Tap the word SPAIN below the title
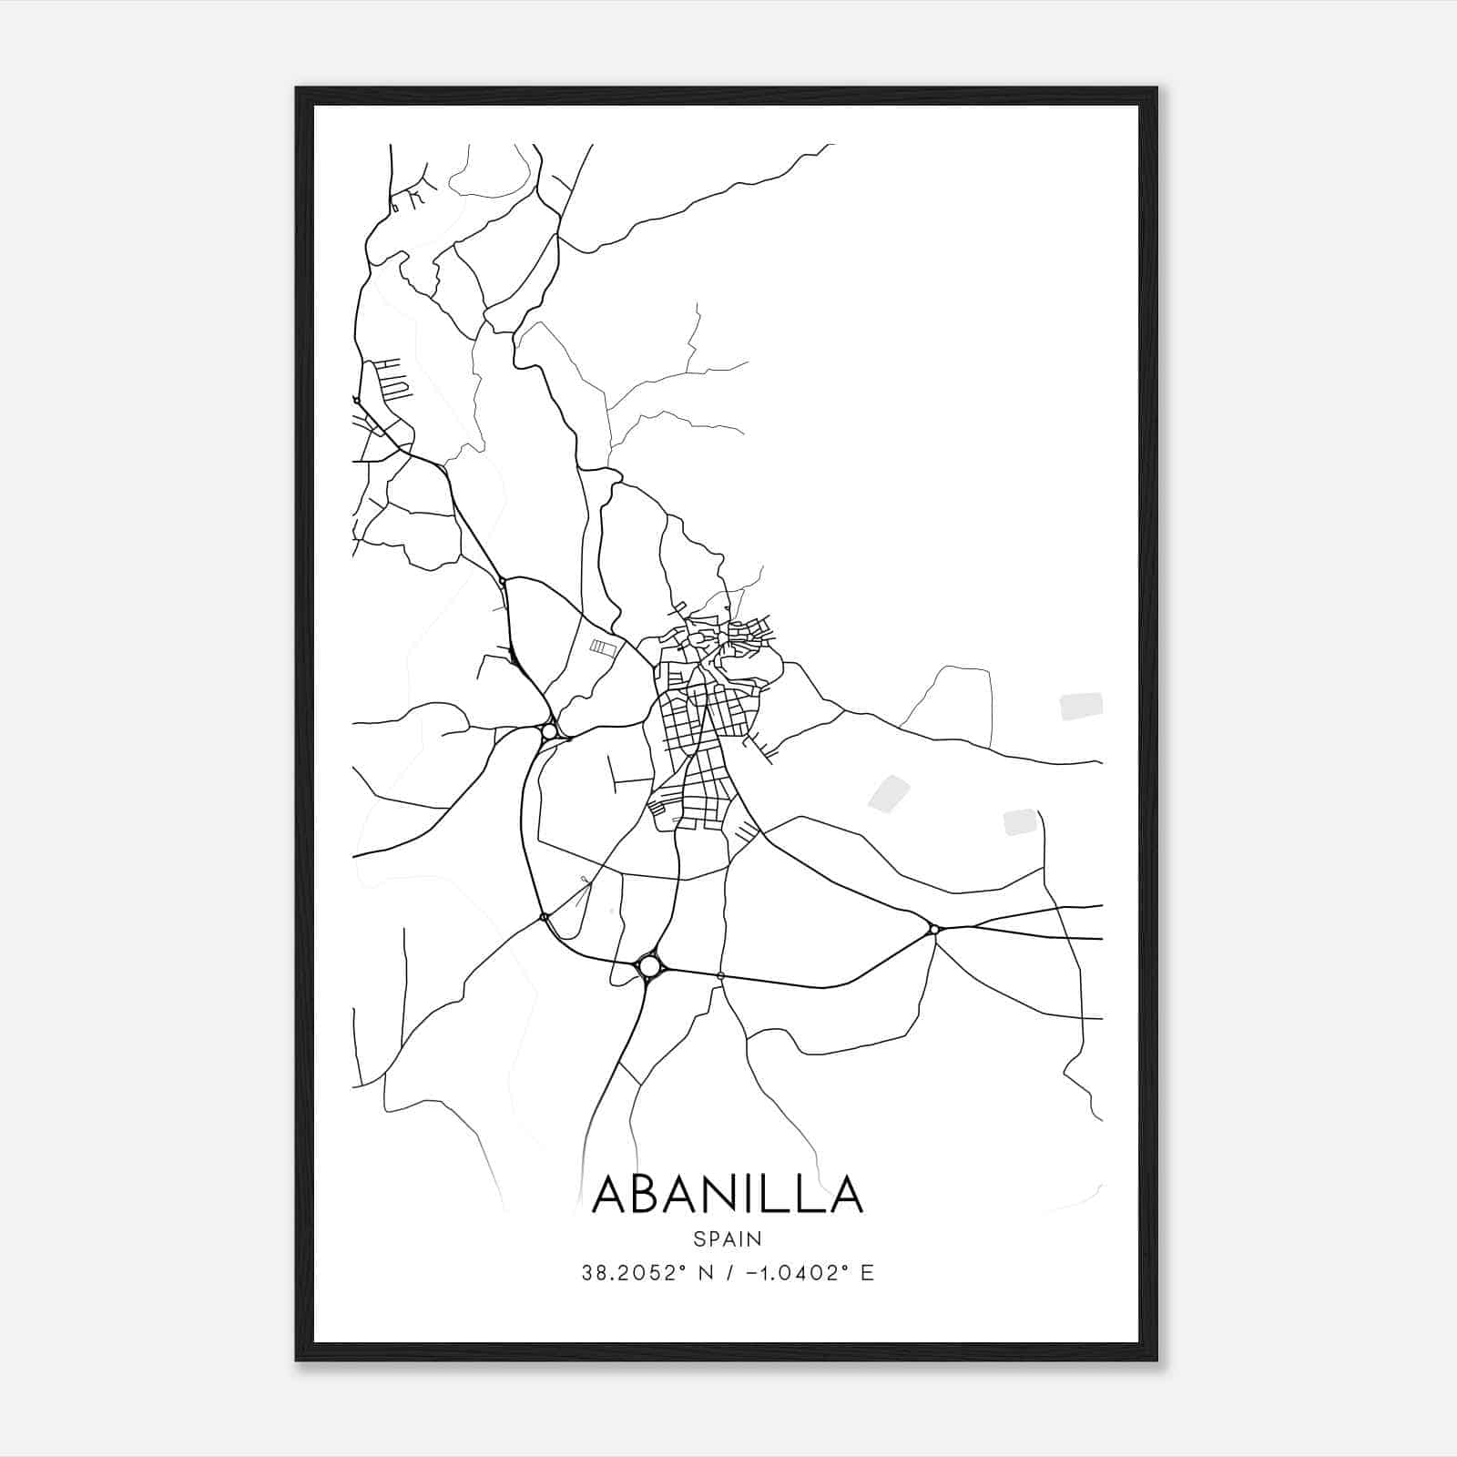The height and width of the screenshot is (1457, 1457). point(727,1238)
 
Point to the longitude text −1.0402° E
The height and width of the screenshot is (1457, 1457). point(801,1273)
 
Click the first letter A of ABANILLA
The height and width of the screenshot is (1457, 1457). point(612,1194)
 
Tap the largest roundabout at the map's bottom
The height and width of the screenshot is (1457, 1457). point(649,964)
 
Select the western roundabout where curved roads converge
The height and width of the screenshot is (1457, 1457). point(549,731)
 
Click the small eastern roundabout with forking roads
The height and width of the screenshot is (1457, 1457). point(933,929)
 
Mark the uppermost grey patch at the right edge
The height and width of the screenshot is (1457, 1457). point(1081,706)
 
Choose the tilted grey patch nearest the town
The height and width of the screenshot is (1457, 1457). point(889,792)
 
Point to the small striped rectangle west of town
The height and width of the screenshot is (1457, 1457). point(603,647)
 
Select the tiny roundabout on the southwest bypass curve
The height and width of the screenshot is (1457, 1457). point(544,916)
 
